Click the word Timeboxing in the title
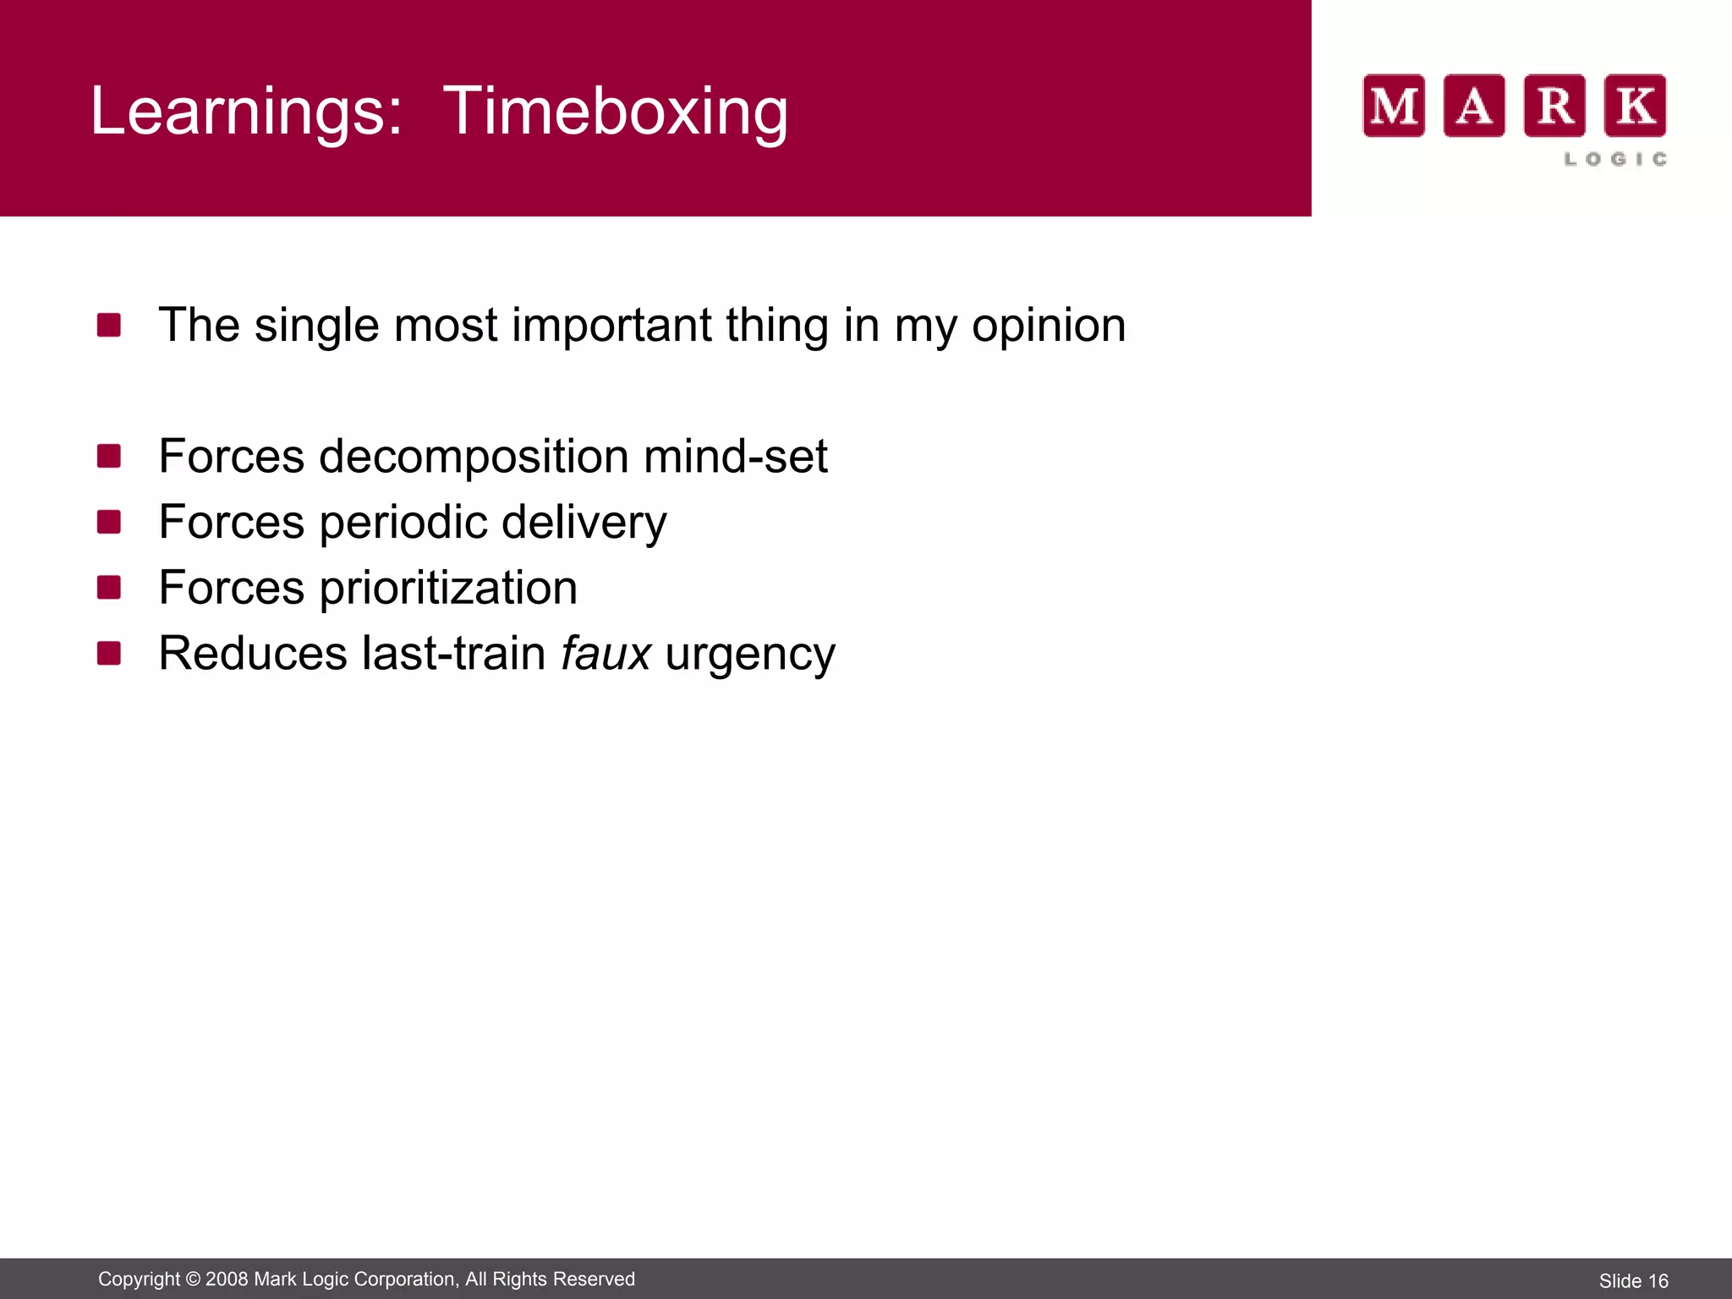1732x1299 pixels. (615, 111)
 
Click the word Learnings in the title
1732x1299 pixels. (245, 111)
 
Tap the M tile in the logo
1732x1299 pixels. (1394, 106)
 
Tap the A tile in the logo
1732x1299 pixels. (1474, 106)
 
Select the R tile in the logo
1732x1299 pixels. (1554, 106)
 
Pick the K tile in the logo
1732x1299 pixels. (1636, 106)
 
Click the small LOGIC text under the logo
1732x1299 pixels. (1615, 159)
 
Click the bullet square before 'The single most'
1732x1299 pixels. (109, 325)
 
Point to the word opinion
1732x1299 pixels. (1049, 326)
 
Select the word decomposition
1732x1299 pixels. (474, 458)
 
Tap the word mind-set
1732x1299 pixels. (735, 457)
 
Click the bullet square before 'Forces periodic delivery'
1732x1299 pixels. (109, 522)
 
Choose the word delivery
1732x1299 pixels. (584, 523)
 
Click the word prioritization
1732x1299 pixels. (448, 588)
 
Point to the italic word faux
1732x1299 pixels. (606, 653)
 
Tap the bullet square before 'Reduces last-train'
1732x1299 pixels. (109, 653)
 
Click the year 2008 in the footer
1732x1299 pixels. (227, 1279)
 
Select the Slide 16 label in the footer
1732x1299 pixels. (1633, 1281)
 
